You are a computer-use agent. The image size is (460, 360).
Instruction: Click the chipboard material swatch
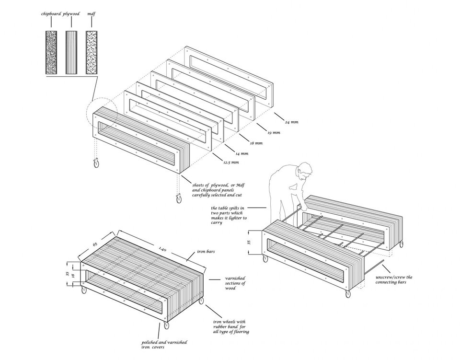click(51, 53)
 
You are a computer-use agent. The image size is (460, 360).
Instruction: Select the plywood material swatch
click(71, 53)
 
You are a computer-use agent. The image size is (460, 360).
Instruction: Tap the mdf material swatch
click(92, 53)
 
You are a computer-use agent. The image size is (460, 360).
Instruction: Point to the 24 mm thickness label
click(292, 122)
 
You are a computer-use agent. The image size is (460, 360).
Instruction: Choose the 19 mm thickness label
click(273, 133)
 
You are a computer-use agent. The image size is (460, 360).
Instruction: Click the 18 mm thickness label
click(256, 143)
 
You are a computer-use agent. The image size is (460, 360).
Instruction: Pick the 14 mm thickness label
click(241, 153)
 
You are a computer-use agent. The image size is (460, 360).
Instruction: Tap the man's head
click(304, 170)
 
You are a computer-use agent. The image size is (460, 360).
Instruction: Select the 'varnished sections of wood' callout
click(235, 284)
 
